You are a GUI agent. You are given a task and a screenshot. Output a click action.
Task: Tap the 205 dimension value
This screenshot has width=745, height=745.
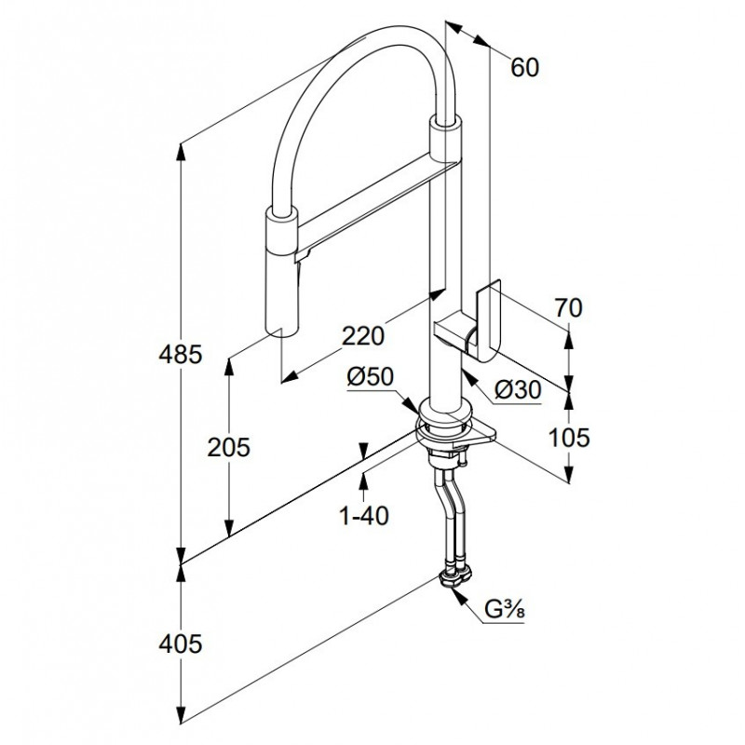point(229,447)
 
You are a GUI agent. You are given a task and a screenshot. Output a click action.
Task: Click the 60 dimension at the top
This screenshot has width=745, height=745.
point(525,66)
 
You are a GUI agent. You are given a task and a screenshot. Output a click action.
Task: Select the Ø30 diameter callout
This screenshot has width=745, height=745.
point(518,392)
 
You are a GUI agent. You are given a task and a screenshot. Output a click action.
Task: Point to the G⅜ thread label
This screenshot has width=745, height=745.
point(507,612)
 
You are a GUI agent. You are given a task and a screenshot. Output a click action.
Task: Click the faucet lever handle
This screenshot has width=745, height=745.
point(486,321)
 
